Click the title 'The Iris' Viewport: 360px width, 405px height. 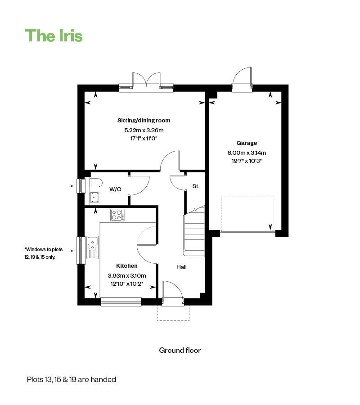click(x=54, y=36)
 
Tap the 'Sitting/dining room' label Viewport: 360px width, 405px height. click(x=144, y=121)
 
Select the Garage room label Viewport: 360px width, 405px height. click(x=247, y=143)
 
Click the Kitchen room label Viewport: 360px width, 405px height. click(x=126, y=266)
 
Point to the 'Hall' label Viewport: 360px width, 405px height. click(x=181, y=267)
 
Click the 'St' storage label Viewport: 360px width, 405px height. click(x=195, y=186)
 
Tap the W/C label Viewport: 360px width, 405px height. click(x=116, y=189)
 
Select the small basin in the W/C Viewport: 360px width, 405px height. click(x=94, y=197)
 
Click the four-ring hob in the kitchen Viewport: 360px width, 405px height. click(x=118, y=215)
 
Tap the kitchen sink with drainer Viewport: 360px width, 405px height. click(x=93, y=247)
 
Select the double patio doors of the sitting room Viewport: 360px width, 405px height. click(x=146, y=81)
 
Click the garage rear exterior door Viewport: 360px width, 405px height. click(x=242, y=79)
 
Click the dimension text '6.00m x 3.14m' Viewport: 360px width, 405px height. click(x=247, y=153)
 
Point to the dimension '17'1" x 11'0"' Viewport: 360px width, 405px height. click(x=144, y=138)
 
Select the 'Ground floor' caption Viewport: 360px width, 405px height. click(x=180, y=350)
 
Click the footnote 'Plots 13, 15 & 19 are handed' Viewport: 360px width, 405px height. click(x=71, y=379)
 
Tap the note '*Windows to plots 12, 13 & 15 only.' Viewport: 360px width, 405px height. click(x=43, y=253)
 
